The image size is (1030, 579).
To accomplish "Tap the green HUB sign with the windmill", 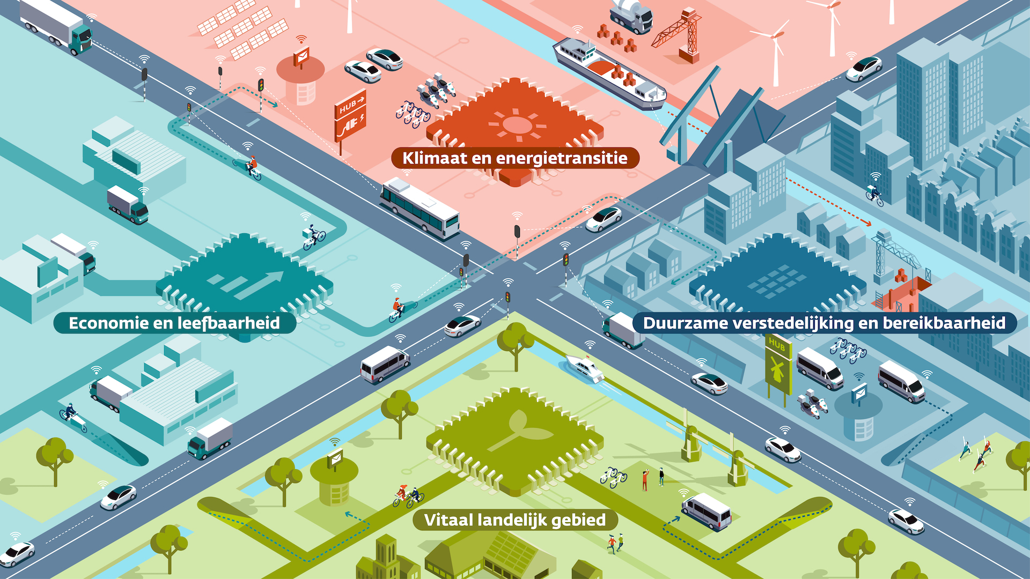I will (x=778, y=365).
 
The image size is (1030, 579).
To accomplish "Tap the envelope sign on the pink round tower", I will (x=301, y=55).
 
